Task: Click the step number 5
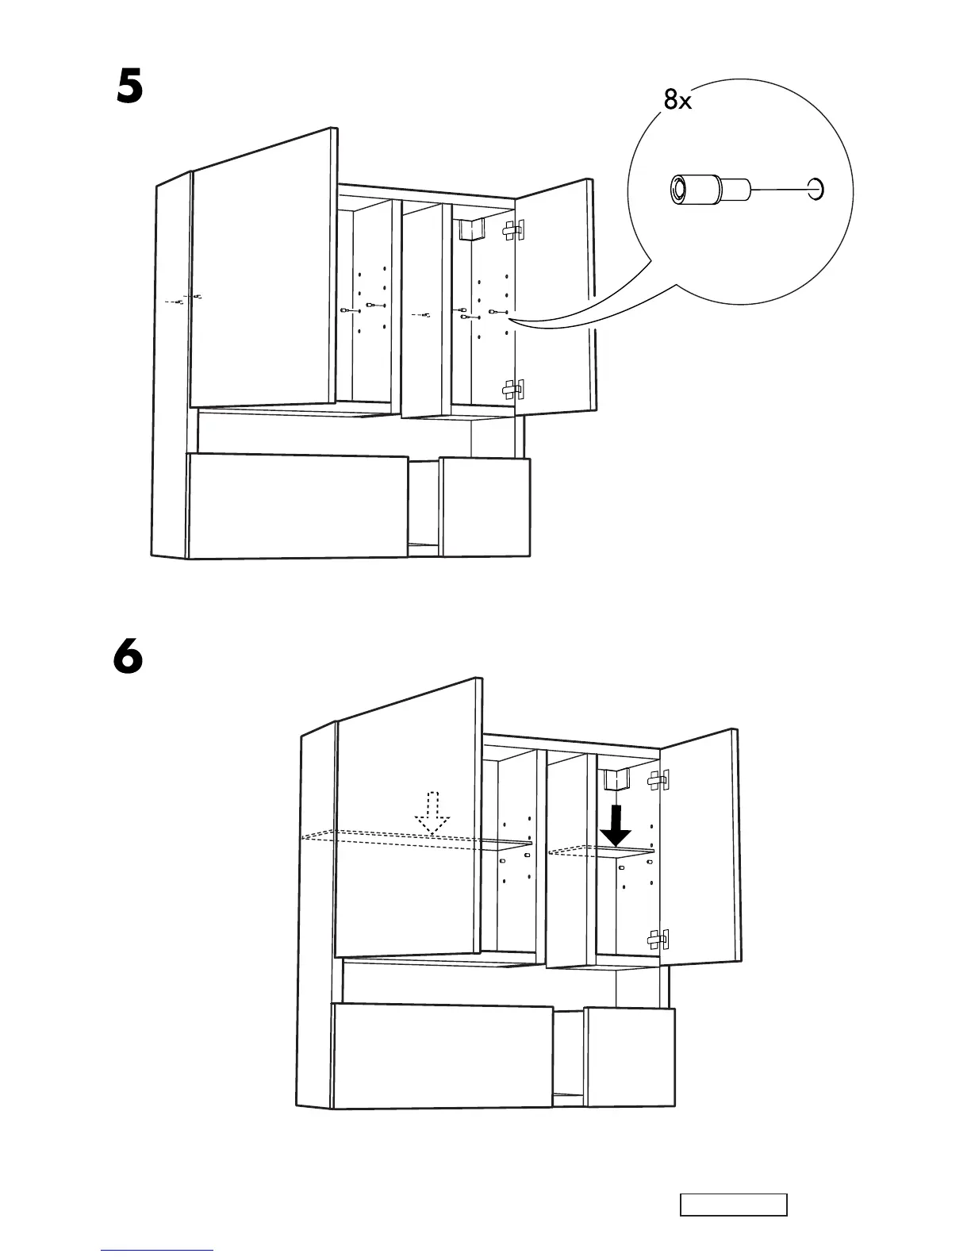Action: point(129,87)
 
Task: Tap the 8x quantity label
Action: point(677,100)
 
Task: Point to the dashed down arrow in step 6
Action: point(432,813)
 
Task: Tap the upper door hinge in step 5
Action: point(513,230)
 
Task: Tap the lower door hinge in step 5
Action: point(513,389)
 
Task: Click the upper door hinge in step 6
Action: point(657,781)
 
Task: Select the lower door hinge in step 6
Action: point(658,940)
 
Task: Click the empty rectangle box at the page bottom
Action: point(733,1205)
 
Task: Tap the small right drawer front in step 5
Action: point(485,506)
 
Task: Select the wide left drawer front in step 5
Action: point(297,505)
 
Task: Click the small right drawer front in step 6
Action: point(630,1056)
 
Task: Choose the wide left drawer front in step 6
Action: point(442,1055)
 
